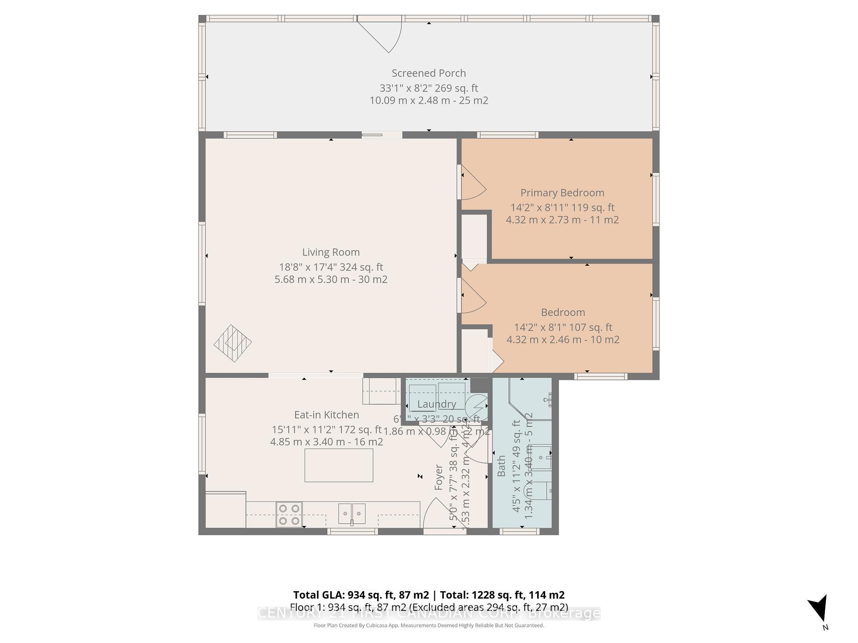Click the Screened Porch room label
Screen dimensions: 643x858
pyautogui.click(x=429, y=73)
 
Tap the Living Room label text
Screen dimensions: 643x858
pyautogui.click(x=331, y=252)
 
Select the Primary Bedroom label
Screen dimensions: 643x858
pyautogui.click(x=562, y=193)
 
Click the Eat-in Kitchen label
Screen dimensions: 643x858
pyautogui.click(x=326, y=415)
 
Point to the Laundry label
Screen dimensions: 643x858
pyautogui.click(x=437, y=404)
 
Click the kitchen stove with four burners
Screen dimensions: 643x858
pyautogui.click(x=289, y=514)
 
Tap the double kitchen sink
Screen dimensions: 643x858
pyautogui.click(x=352, y=514)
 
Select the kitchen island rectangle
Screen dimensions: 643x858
pyautogui.click(x=339, y=465)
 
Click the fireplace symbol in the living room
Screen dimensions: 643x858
pyautogui.click(x=233, y=343)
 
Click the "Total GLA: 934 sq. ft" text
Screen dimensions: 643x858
pyautogui.click(x=361, y=595)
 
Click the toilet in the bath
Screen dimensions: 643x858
pyautogui.click(x=543, y=490)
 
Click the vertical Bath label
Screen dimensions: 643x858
pyautogui.click(x=501, y=466)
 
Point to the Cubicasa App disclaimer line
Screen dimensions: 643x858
pyautogui.click(x=429, y=626)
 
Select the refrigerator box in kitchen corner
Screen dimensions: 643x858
pyautogui.click(x=225, y=510)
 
